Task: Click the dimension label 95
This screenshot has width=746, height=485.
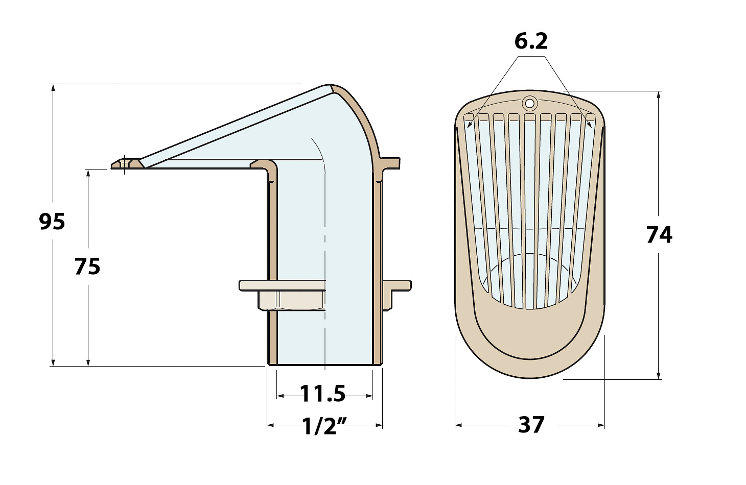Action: point(52,222)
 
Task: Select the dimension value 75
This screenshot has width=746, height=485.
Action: point(87,266)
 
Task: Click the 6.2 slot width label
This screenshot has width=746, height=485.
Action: point(531,41)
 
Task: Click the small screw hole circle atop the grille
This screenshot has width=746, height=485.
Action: point(529,103)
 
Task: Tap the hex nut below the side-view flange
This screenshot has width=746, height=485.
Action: point(292,300)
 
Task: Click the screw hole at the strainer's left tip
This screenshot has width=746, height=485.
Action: point(125,164)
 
